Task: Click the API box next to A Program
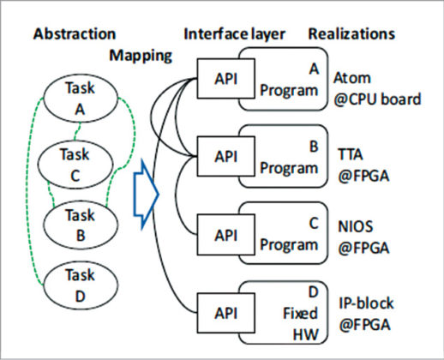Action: tap(225, 81)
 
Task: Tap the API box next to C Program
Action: tap(225, 232)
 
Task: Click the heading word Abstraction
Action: tap(74, 34)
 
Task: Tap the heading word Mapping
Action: tap(141, 56)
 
